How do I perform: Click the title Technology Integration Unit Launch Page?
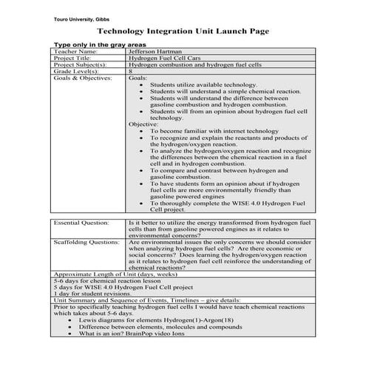tap(183, 32)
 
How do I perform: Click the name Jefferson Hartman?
tap(157, 52)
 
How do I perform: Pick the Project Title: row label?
tap(74, 58)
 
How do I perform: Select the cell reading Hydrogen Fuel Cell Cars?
tap(160, 58)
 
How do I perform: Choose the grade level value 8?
tap(131, 72)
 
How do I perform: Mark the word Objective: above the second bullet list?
tap(143, 124)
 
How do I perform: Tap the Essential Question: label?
tap(81, 222)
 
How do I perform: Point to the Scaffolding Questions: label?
tap(86, 242)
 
